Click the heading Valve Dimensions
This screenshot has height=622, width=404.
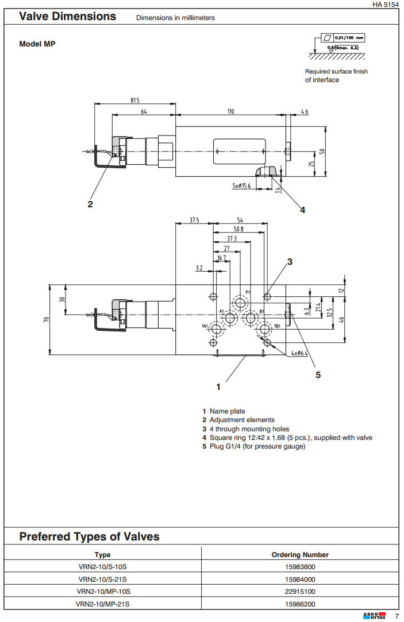click(68, 17)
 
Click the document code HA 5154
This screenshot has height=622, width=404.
click(384, 5)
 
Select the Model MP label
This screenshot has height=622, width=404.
click(37, 44)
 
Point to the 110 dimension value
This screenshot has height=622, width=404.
click(230, 111)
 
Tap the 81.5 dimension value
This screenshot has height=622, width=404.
click(135, 101)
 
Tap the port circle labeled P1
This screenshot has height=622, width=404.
click(240, 303)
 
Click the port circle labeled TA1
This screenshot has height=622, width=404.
click(217, 329)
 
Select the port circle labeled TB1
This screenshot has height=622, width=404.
click(264, 329)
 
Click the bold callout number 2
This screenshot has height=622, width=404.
click(90, 203)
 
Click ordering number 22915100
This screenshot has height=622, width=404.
click(300, 591)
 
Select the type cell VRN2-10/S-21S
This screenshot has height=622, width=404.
click(102, 579)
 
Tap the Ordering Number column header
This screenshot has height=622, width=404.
click(300, 555)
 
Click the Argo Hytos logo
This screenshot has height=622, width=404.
click(374, 616)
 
